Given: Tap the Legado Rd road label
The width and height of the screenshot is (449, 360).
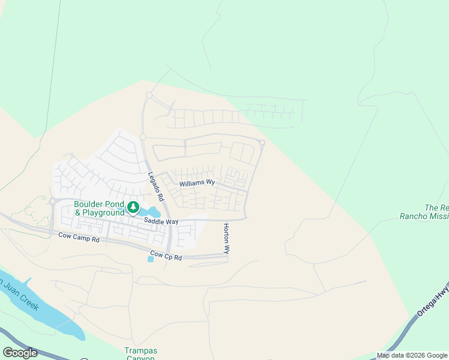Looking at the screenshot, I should pyautogui.click(x=156, y=187).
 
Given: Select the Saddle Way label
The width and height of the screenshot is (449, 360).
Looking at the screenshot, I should pyautogui.click(x=161, y=221).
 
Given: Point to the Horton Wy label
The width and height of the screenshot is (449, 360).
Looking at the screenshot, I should pyautogui.click(x=226, y=239).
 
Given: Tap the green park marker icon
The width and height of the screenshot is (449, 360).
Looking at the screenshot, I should pyautogui.click(x=133, y=208).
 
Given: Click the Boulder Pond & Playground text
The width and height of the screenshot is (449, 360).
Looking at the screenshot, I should pyautogui.click(x=99, y=208).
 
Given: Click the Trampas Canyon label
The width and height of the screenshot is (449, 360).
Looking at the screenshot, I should pyautogui.click(x=140, y=354).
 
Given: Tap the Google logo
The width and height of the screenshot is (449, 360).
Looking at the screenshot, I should pyautogui.click(x=20, y=353).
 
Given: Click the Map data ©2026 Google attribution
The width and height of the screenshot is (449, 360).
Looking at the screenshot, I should pyautogui.click(x=412, y=355).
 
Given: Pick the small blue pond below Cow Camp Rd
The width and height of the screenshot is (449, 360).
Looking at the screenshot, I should pyautogui.click(x=149, y=259).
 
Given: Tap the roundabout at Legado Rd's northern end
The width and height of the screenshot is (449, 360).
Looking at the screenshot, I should pyautogui.click(x=149, y=95).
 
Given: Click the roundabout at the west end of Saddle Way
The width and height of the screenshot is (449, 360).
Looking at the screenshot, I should pyautogui.click(x=53, y=202).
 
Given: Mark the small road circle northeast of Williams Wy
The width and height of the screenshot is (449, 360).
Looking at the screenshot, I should pyautogui.click(x=262, y=142).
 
